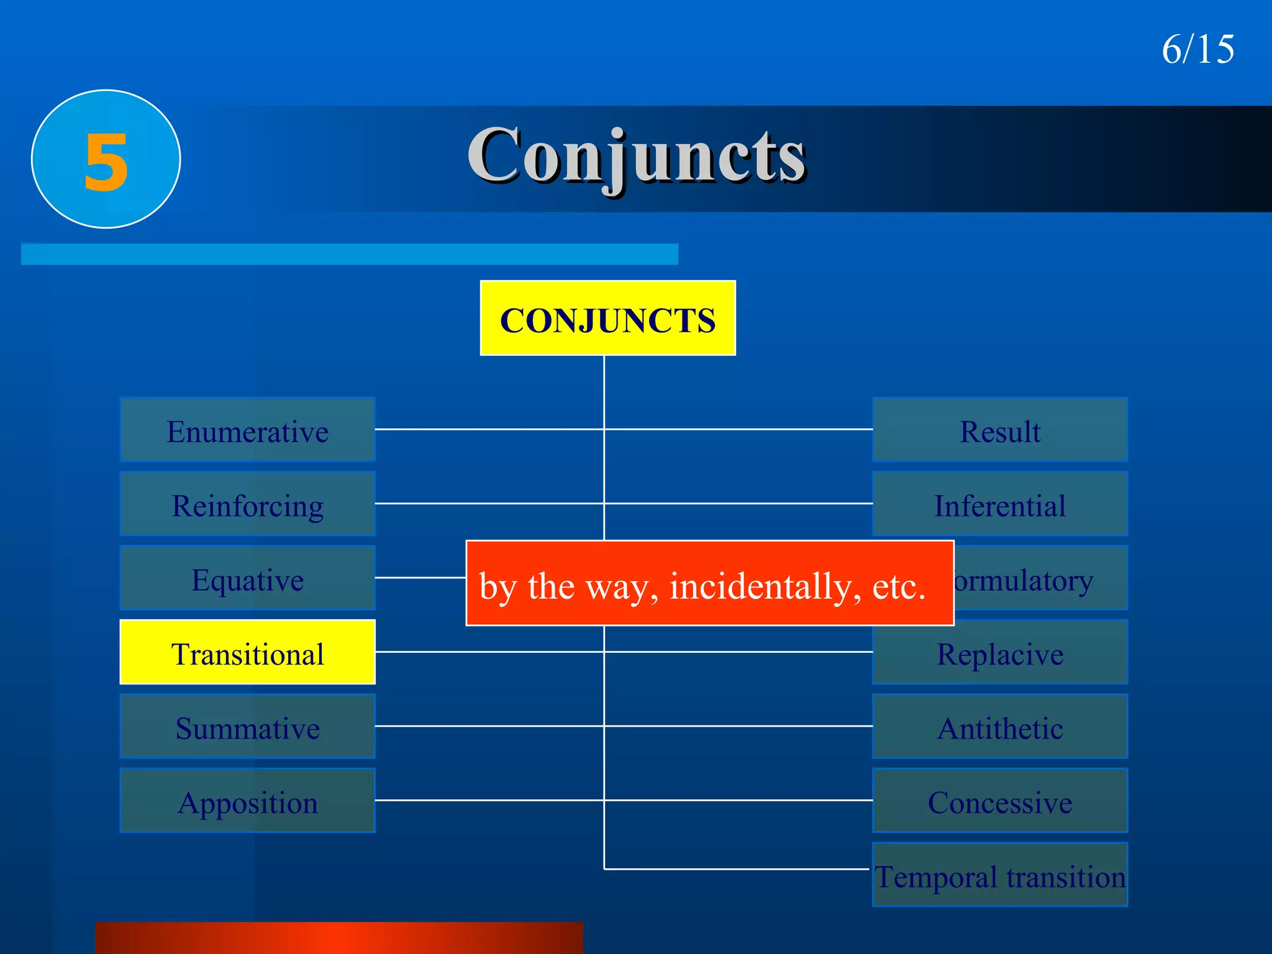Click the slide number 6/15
point(1197,49)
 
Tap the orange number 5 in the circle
point(106,161)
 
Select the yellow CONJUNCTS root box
point(607,319)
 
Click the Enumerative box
point(247,430)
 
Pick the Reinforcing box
point(247,504)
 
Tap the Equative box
point(247,578)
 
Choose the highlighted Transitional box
point(247,652)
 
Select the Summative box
point(247,727)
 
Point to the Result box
point(1000,430)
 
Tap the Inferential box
point(1000,504)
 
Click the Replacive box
point(1000,652)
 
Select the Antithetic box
point(1000,727)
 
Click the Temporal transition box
point(1000,875)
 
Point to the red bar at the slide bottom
point(339,938)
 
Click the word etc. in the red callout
point(899,586)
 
